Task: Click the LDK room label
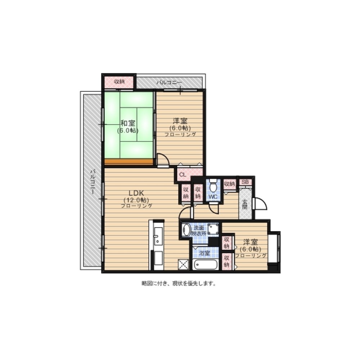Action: point(136,193)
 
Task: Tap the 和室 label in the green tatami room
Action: point(128,123)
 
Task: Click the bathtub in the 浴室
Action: point(206,265)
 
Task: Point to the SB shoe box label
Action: point(245,182)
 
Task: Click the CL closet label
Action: point(183,175)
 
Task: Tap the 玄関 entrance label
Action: point(245,204)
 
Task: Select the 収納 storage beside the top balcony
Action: point(119,82)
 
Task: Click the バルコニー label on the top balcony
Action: point(169,82)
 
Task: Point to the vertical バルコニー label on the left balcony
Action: point(93,181)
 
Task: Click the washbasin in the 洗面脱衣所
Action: point(186,230)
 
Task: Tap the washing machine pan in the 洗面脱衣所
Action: point(213,229)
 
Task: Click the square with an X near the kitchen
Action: point(184,265)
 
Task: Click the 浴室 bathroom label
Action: point(204,253)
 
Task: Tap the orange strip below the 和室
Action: point(129,162)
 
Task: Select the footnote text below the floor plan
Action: point(179,284)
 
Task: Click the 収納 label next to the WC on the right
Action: point(229,184)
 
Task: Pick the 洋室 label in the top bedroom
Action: point(180,121)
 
